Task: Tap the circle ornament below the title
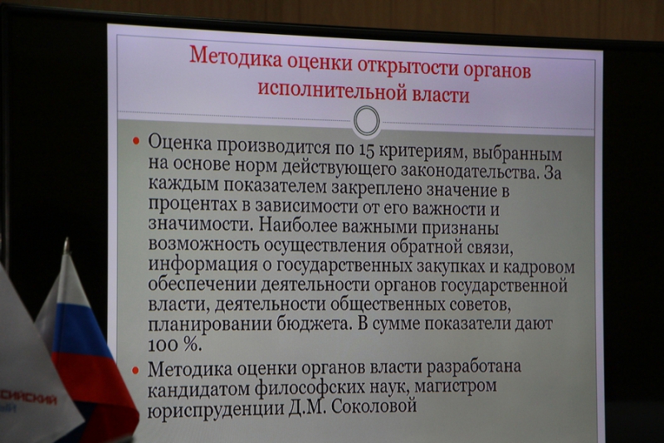366,121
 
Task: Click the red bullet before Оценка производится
136,142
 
